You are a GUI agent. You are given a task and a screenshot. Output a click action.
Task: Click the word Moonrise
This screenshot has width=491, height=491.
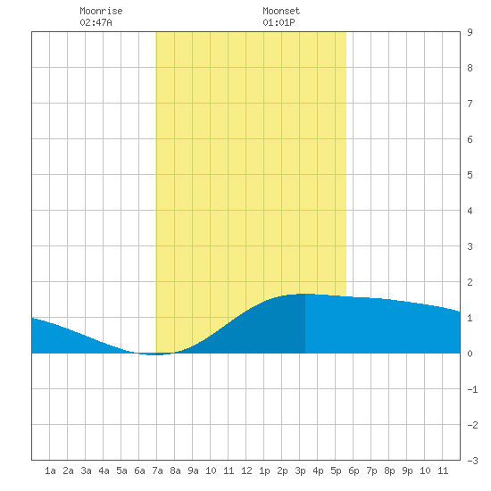point(101,11)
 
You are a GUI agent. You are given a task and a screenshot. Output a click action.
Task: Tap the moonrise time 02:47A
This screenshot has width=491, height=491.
point(96,22)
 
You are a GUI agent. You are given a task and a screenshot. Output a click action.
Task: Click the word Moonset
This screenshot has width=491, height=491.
point(281,11)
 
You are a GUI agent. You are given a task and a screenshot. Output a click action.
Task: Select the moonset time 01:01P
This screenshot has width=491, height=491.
point(279,22)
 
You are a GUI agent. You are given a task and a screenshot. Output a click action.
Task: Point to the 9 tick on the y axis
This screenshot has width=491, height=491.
point(470,32)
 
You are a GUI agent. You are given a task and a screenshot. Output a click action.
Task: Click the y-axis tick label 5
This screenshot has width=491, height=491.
point(470,175)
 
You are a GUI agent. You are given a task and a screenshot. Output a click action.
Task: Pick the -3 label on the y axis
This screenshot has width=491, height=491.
point(472,461)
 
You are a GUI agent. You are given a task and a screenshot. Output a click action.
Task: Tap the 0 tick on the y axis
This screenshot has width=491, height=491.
point(470,354)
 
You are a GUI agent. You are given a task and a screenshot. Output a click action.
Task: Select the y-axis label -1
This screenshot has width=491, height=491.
point(472,389)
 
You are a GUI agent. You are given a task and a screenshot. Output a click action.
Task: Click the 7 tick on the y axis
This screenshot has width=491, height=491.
point(470,104)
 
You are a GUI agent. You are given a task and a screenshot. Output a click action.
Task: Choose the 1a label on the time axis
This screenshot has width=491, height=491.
point(50,470)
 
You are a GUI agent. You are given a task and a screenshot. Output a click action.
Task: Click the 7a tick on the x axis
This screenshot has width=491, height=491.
point(157,470)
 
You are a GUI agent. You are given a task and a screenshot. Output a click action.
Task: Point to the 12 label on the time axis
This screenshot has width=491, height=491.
point(246,470)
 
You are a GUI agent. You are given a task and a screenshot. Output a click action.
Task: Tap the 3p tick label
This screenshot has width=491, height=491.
point(300,470)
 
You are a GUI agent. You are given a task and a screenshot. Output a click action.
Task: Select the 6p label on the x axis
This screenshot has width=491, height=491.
point(354,470)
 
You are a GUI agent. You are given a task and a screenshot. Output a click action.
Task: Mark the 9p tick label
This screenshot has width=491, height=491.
point(407,470)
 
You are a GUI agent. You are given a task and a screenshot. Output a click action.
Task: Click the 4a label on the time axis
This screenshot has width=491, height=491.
point(104,470)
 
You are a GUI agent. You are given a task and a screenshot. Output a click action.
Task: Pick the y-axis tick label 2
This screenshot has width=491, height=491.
point(470,282)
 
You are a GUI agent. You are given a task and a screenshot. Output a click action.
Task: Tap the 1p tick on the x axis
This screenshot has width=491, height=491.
point(264,470)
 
